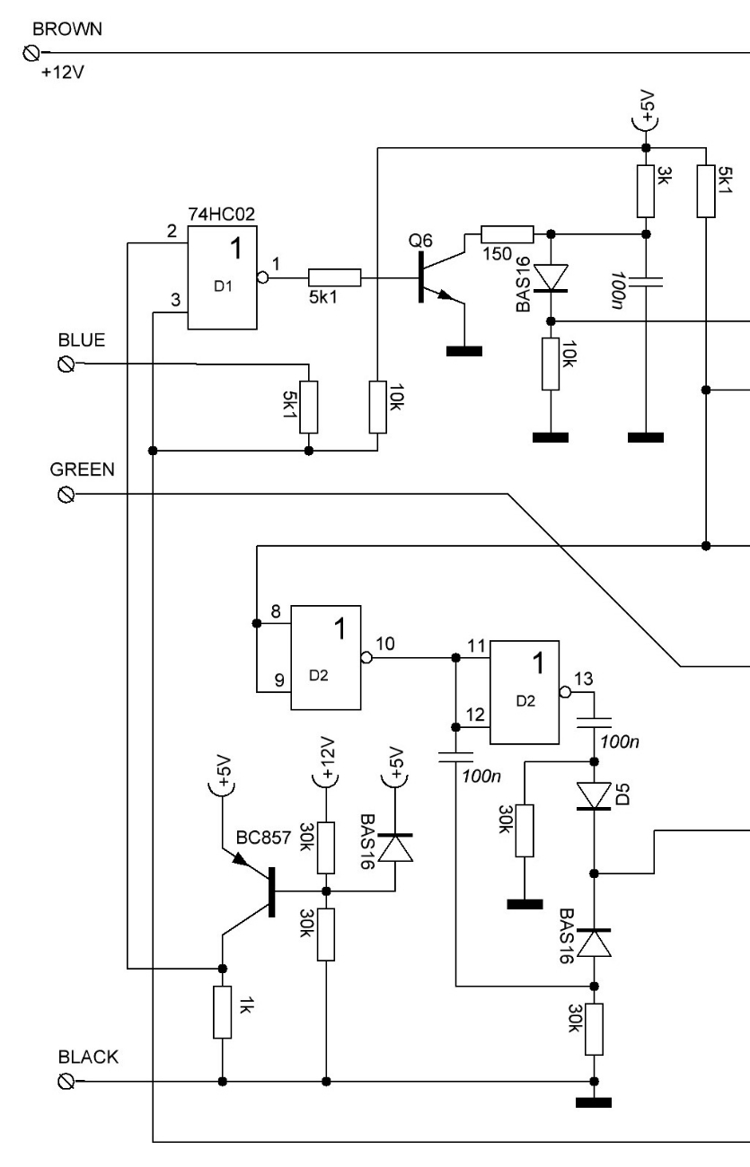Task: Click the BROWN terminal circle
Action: point(31,53)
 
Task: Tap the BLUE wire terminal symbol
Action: point(66,364)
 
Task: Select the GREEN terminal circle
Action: point(66,495)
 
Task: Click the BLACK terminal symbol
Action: point(66,1082)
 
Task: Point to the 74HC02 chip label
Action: point(222,215)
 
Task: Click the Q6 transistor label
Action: point(420,241)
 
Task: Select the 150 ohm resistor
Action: point(507,234)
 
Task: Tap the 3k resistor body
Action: point(646,191)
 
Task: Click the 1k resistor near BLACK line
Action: point(223,1012)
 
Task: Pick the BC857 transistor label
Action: point(263,838)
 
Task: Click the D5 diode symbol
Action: point(594,796)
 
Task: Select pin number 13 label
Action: point(583,679)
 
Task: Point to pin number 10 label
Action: point(384,644)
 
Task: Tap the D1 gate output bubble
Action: point(263,277)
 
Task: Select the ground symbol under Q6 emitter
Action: point(464,352)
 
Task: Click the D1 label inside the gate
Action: point(223,286)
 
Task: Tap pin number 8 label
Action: point(276,611)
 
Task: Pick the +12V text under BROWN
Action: point(63,73)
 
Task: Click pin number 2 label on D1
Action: point(172,231)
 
